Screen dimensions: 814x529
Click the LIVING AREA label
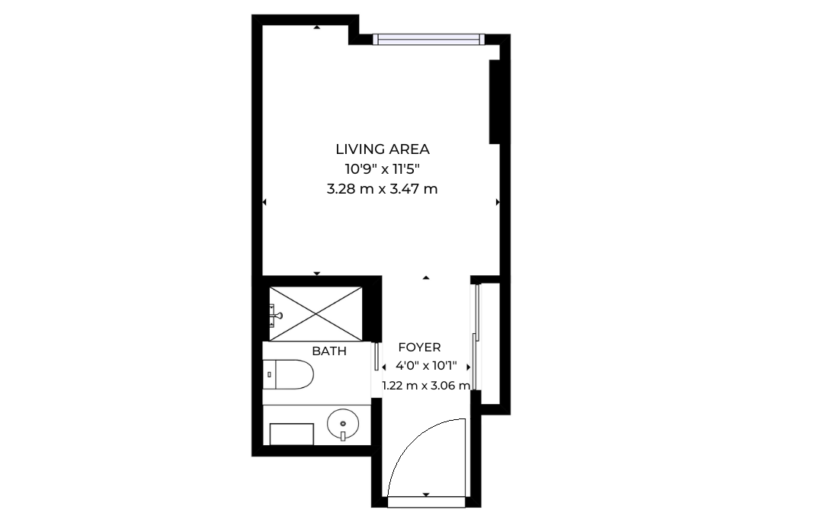[383, 149]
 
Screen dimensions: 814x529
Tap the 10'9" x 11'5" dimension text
[382, 168]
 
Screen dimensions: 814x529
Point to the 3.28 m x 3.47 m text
[382, 189]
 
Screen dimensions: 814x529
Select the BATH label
[329, 351]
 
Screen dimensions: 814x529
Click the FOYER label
[419, 348]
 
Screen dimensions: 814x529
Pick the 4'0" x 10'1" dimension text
[426, 366]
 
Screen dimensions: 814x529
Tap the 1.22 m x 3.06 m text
[426, 386]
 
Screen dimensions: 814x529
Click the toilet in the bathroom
[288, 374]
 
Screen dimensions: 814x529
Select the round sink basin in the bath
[343, 424]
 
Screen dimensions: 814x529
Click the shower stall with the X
[316, 313]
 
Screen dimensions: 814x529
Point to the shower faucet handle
[276, 315]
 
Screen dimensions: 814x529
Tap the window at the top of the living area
[429, 40]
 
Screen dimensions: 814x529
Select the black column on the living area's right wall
[494, 101]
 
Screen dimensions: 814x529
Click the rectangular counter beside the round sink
[292, 434]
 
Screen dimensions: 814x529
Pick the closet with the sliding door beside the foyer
[488, 342]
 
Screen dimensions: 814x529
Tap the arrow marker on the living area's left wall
[264, 202]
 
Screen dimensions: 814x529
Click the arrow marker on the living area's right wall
[498, 202]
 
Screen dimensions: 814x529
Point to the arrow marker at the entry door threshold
[426, 495]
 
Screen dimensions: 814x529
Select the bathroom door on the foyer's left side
[377, 356]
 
